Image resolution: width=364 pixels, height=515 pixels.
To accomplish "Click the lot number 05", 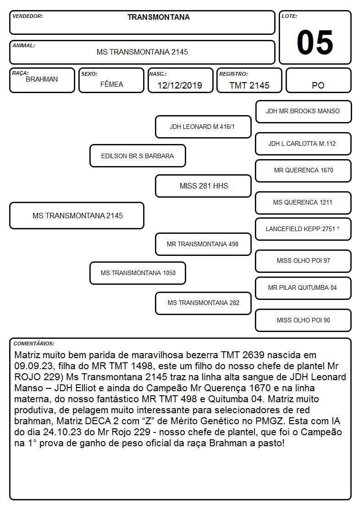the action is pyautogui.click(x=315, y=42).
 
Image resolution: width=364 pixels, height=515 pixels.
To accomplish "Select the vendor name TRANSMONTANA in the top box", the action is pyautogui.click(x=159, y=17).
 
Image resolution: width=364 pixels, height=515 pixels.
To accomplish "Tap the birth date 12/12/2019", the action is pyautogui.click(x=180, y=85).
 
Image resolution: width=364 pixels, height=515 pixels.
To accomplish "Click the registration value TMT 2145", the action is pyautogui.click(x=249, y=85).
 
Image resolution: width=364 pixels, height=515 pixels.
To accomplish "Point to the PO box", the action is pyautogui.click(x=318, y=80).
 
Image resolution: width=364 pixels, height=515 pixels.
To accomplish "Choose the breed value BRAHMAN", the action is pyautogui.click(x=42, y=79).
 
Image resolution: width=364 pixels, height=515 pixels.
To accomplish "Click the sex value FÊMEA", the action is pyautogui.click(x=111, y=84).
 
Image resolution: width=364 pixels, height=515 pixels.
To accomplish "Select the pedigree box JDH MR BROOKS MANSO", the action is pyautogui.click(x=303, y=112).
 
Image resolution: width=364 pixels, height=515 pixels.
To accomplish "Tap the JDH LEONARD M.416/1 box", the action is pyautogui.click(x=203, y=127).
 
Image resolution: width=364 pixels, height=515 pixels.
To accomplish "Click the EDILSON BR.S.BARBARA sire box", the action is pyautogui.click(x=138, y=155).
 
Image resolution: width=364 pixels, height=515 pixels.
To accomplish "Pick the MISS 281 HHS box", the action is pyautogui.click(x=203, y=186).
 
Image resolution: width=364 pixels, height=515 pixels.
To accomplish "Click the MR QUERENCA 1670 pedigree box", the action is pyautogui.click(x=303, y=171).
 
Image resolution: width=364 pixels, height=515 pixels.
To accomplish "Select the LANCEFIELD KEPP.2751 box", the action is pyautogui.click(x=303, y=229).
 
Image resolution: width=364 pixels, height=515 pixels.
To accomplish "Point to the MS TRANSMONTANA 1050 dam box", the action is pyautogui.click(x=138, y=273).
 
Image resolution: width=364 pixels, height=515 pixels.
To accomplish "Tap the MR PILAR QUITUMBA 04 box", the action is pyautogui.click(x=303, y=288).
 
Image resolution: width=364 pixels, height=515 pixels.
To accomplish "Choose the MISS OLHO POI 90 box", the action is pyautogui.click(x=303, y=320).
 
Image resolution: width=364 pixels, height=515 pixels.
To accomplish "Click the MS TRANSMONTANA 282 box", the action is pyautogui.click(x=203, y=303).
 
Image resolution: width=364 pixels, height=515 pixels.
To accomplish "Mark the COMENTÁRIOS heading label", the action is pyautogui.click(x=34, y=343).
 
